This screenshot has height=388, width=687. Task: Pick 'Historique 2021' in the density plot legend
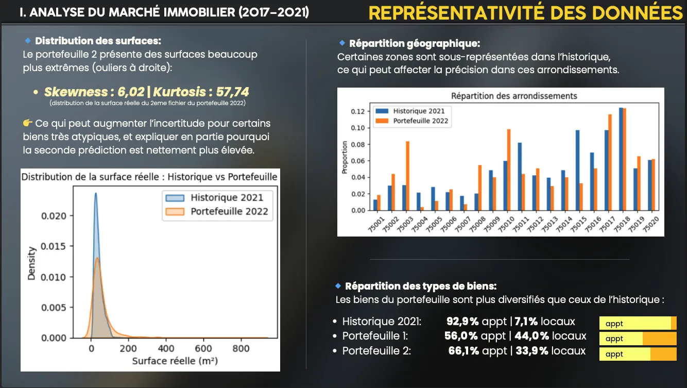[227, 197]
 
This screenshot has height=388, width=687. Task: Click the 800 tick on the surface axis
[242, 349]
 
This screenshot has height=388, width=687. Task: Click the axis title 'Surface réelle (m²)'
[175, 361]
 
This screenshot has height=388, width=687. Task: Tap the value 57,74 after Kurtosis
[230, 92]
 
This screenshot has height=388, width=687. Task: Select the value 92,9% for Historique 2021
[462, 322]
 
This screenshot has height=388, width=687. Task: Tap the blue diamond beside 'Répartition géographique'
[342, 43]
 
